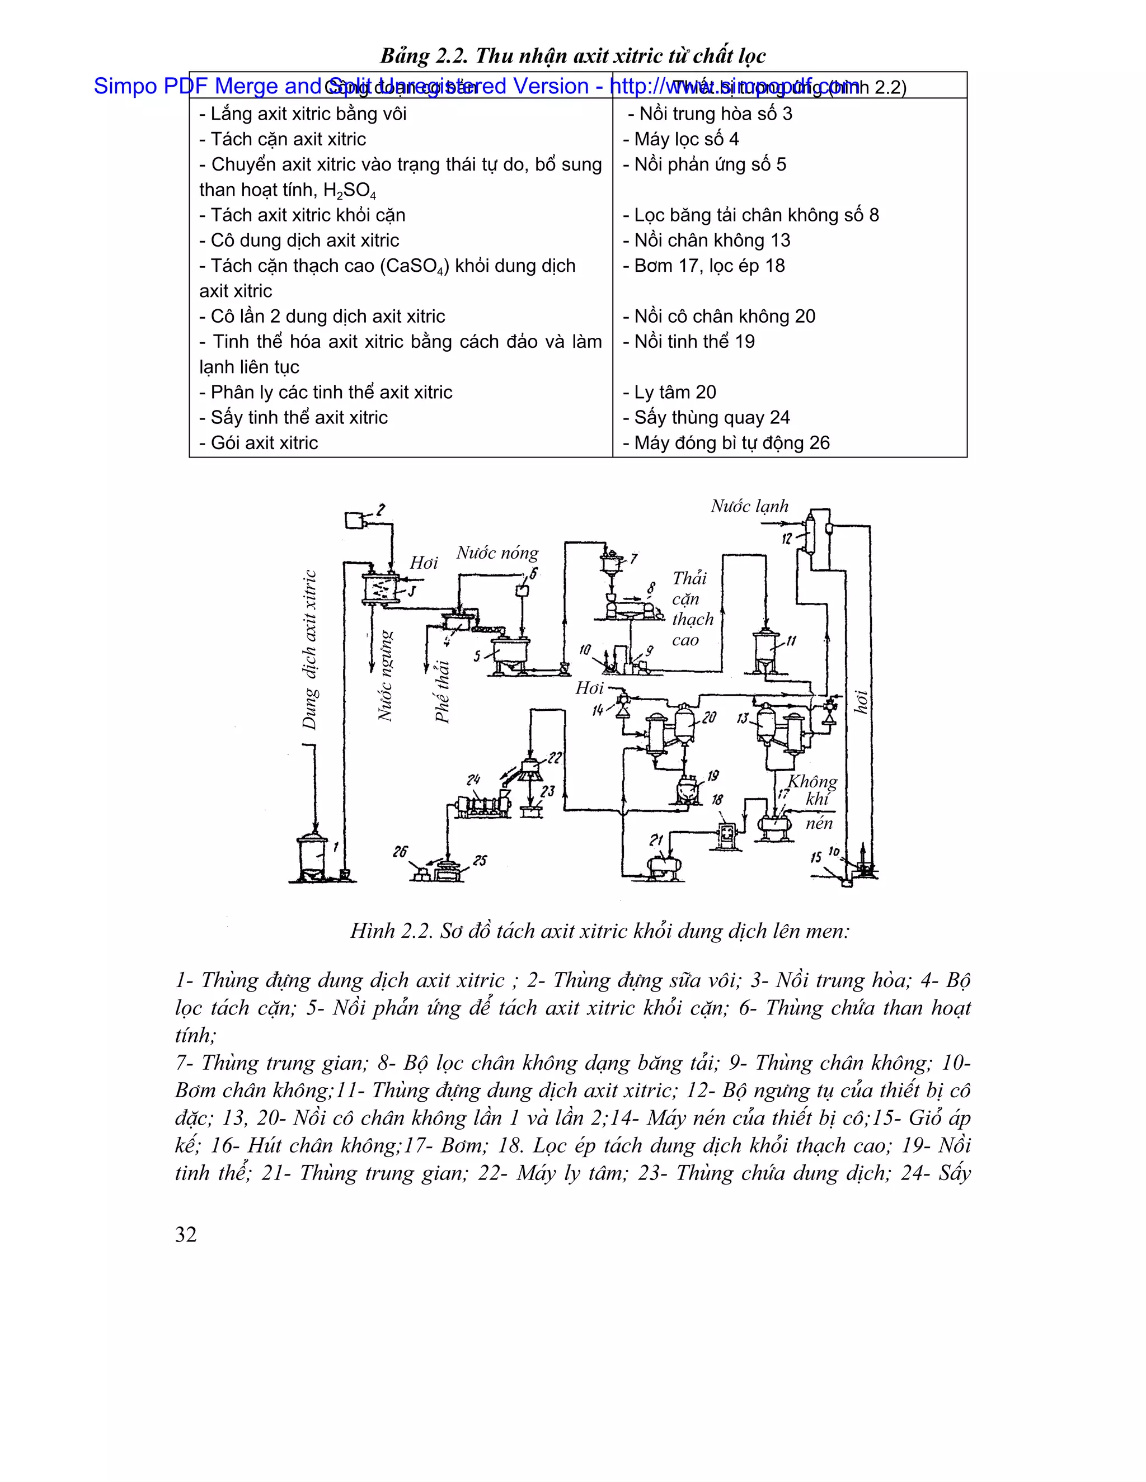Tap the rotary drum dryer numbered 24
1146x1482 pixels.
click(x=483, y=805)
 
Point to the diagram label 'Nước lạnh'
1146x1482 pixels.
click(x=749, y=506)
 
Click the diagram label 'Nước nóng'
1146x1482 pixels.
click(x=497, y=553)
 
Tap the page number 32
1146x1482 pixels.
click(x=186, y=1234)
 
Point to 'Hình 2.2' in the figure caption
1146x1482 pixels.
click(x=391, y=931)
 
